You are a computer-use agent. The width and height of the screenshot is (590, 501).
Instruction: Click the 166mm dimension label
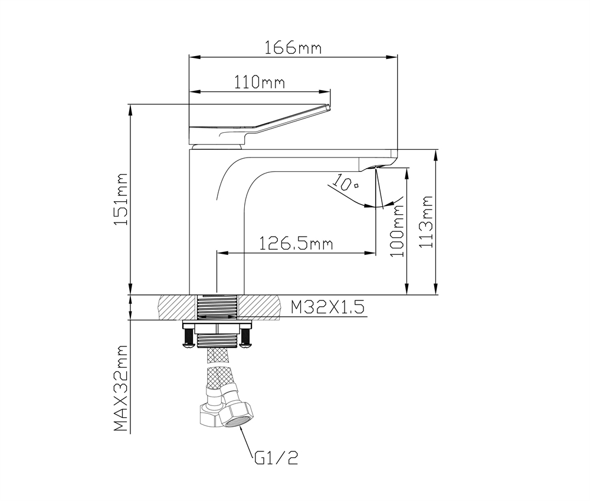(x=293, y=48)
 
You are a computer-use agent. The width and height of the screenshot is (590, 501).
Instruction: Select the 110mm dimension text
(x=260, y=83)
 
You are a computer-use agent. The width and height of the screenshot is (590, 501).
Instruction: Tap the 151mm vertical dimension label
(x=120, y=199)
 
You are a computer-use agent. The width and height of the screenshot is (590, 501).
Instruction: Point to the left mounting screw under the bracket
(x=188, y=338)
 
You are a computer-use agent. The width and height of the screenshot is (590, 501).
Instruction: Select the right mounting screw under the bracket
(x=245, y=338)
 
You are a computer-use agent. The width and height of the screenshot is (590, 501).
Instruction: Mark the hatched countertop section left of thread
(x=175, y=307)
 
